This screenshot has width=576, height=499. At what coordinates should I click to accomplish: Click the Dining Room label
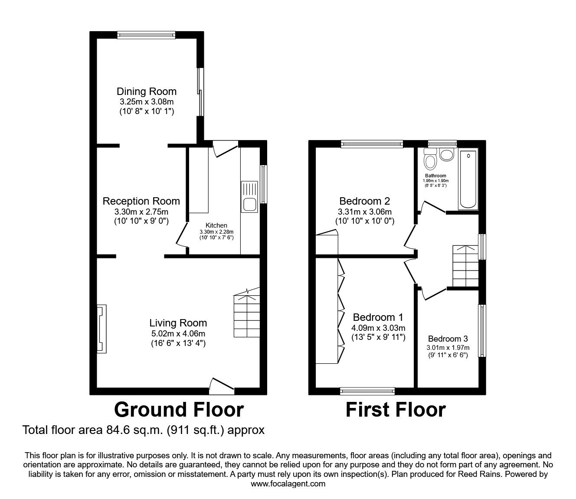pyautogui.click(x=147, y=91)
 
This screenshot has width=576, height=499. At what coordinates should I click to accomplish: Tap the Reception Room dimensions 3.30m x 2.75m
pyautogui.click(x=141, y=212)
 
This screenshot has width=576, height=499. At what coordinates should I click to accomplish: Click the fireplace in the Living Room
pyautogui.click(x=101, y=329)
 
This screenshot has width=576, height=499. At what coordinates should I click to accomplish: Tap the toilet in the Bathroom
pyautogui.click(x=430, y=160)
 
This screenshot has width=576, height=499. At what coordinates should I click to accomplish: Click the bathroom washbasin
pyautogui.click(x=446, y=154)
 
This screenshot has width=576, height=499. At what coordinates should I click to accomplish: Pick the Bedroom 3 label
pyautogui.click(x=448, y=339)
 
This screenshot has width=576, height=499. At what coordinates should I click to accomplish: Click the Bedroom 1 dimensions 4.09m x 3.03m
pyautogui.click(x=378, y=328)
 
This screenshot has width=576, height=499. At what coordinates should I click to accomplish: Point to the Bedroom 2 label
pyautogui.click(x=364, y=201)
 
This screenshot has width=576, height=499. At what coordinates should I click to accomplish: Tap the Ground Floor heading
pyautogui.click(x=179, y=410)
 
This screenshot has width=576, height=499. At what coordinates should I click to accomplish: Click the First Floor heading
pyautogui.click(x=396, y=410)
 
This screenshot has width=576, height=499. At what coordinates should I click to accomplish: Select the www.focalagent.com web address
pyautogui.click(x=288, y=484)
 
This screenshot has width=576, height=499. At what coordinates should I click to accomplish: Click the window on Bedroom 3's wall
pyautogui.click(x=482, y=330)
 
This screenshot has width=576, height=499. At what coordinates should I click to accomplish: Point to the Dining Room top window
pyautogui.click(x=146, y=35)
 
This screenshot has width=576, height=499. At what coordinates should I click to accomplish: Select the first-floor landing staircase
pyautogui.click(x=465, y=266)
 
